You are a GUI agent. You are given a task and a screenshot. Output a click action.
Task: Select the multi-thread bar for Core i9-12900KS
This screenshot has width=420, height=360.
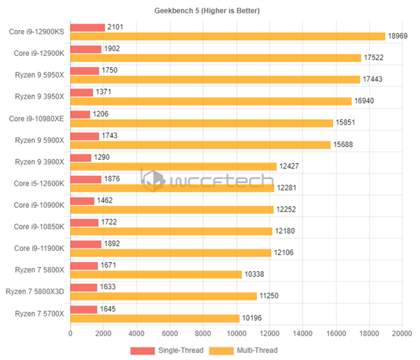tap(227, 36)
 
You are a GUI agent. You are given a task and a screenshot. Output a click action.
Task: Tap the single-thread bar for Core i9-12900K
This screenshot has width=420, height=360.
tap(86, 49)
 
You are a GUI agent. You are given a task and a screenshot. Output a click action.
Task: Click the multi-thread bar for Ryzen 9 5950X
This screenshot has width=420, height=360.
tap(215, 80)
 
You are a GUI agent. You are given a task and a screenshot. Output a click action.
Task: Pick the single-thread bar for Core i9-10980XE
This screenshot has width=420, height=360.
tap(80, 114)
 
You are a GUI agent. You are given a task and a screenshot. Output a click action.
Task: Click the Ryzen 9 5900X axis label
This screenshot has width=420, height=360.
tap(39, 140)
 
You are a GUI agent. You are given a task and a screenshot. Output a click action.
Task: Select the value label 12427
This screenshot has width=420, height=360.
tap(289, 167)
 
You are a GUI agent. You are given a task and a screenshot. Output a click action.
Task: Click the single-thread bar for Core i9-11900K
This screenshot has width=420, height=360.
tap(86, 244)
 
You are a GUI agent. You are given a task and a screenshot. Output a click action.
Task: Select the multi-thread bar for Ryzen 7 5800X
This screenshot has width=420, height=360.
tap(155, 275)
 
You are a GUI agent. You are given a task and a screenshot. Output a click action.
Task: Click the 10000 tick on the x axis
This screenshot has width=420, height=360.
tap(236, 333)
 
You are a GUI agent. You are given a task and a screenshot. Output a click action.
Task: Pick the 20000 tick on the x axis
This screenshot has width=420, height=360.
tap(402, 333)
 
